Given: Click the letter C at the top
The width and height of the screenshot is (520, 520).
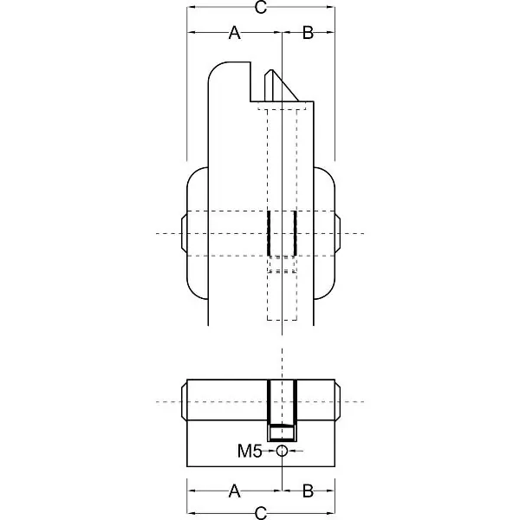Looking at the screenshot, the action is coord(261,7).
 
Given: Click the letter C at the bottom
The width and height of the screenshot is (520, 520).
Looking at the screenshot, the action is coord(261,513).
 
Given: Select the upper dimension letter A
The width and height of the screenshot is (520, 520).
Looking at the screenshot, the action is coord(235,33).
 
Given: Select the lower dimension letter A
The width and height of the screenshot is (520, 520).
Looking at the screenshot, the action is coord(235,491).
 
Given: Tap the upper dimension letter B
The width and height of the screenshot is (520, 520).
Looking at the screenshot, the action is coord(308,33).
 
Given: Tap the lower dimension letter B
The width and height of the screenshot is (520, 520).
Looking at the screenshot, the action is coord(308,491).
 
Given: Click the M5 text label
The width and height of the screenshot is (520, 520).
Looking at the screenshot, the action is coord(250,451).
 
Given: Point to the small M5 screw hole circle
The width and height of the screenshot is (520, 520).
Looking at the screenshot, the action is coord(282,451).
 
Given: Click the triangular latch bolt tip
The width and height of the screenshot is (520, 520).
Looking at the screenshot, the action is coord(281,86).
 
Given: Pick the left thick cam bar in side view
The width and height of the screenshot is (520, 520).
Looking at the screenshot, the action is coord(269,233).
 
